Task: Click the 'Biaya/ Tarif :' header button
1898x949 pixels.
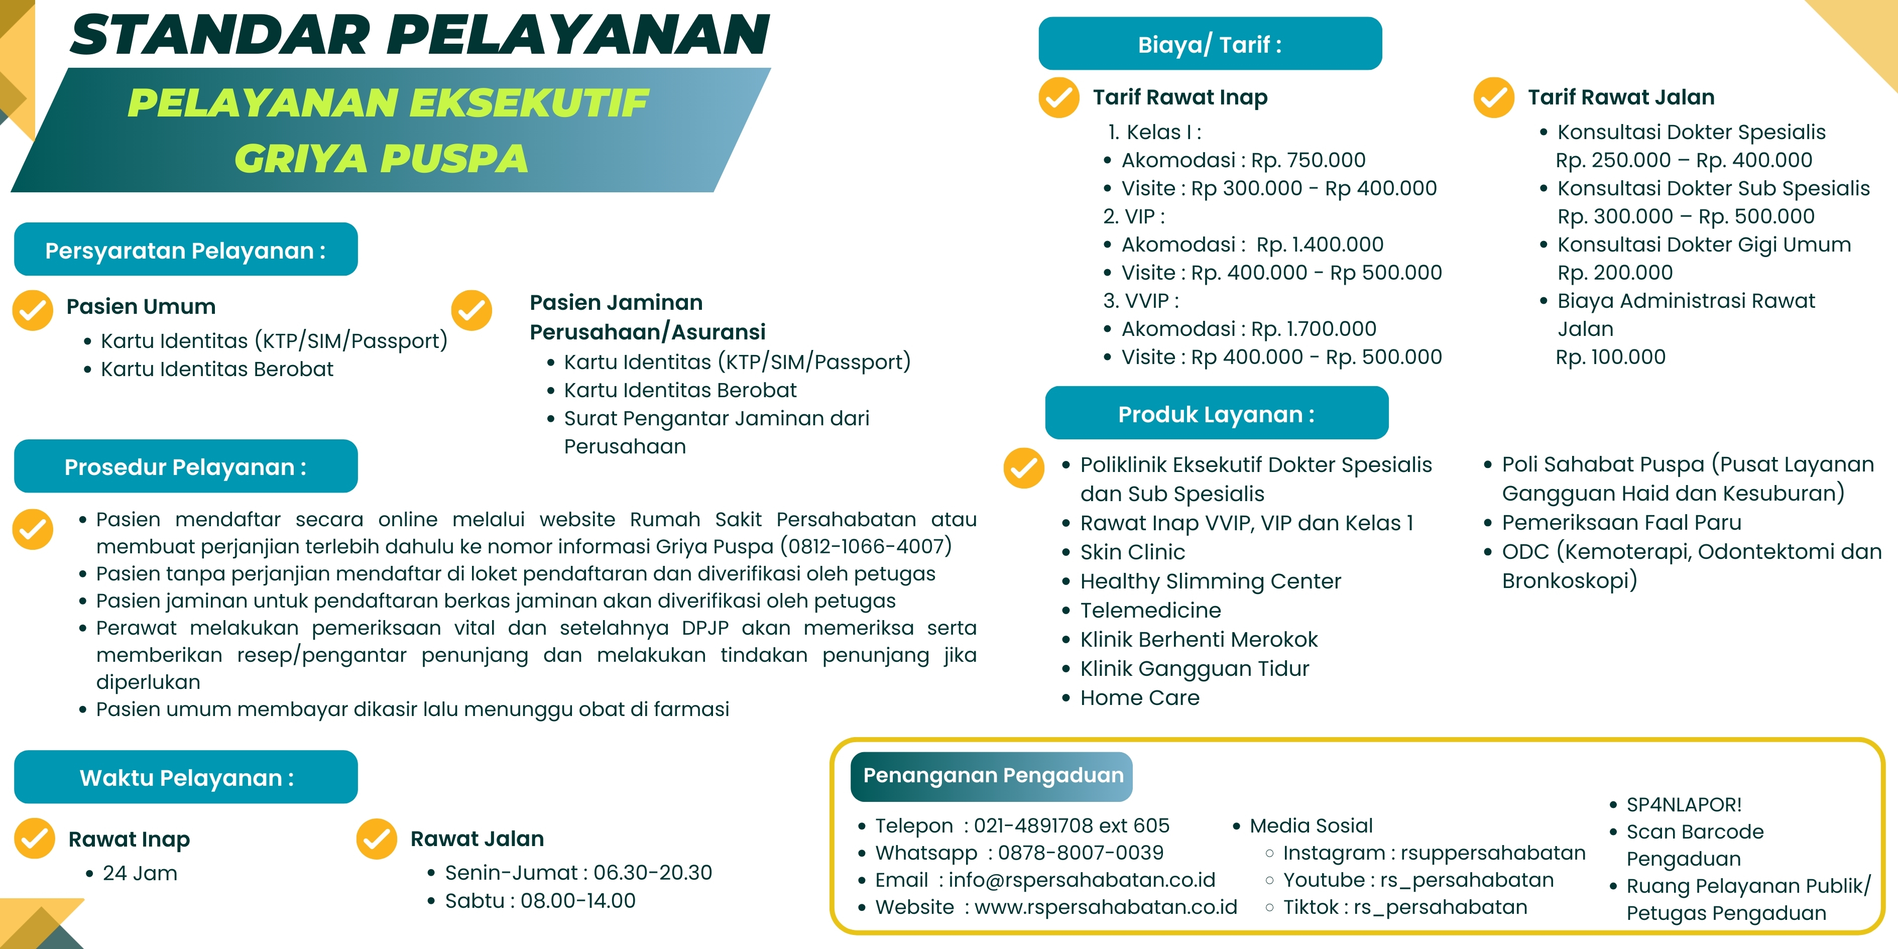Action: click(1210, 44)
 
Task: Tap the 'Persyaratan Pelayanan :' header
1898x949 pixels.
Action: click(186, 250)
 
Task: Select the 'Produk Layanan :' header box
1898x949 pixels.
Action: click(1217, 413)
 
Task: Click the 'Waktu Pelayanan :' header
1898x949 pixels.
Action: click(186, 777)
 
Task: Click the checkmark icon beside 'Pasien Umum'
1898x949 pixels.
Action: click(33, 310)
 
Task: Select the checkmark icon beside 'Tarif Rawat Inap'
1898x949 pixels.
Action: click(1059, 98)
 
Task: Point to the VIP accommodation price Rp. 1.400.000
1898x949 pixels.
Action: click(1320, 245)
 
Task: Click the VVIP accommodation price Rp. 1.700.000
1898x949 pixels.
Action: click(1314, 328)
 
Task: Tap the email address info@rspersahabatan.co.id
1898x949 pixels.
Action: click(1082, 880)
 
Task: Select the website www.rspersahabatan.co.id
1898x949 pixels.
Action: click(1105, 907)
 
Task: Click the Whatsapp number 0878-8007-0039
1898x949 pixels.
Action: click(1080, 853)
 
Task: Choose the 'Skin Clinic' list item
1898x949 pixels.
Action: click(1132, 552)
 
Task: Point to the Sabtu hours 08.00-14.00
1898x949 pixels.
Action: click(577, 900)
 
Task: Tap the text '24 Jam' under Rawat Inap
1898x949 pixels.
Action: click(140, 873)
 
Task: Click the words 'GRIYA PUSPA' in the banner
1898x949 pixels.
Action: click(381, 158)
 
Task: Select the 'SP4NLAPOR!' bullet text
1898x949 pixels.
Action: click(1684, 804)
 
